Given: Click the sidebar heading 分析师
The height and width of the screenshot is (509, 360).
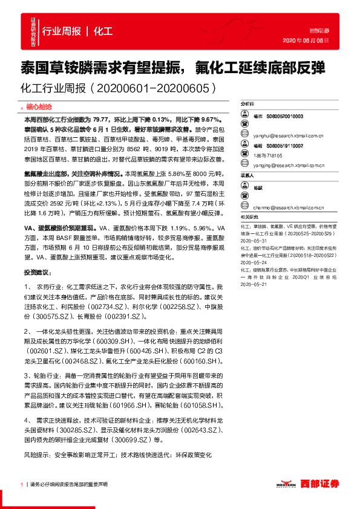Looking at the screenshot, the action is (x=248, y=104).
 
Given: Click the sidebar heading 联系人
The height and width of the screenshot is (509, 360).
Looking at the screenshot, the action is (x=248, y=175).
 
